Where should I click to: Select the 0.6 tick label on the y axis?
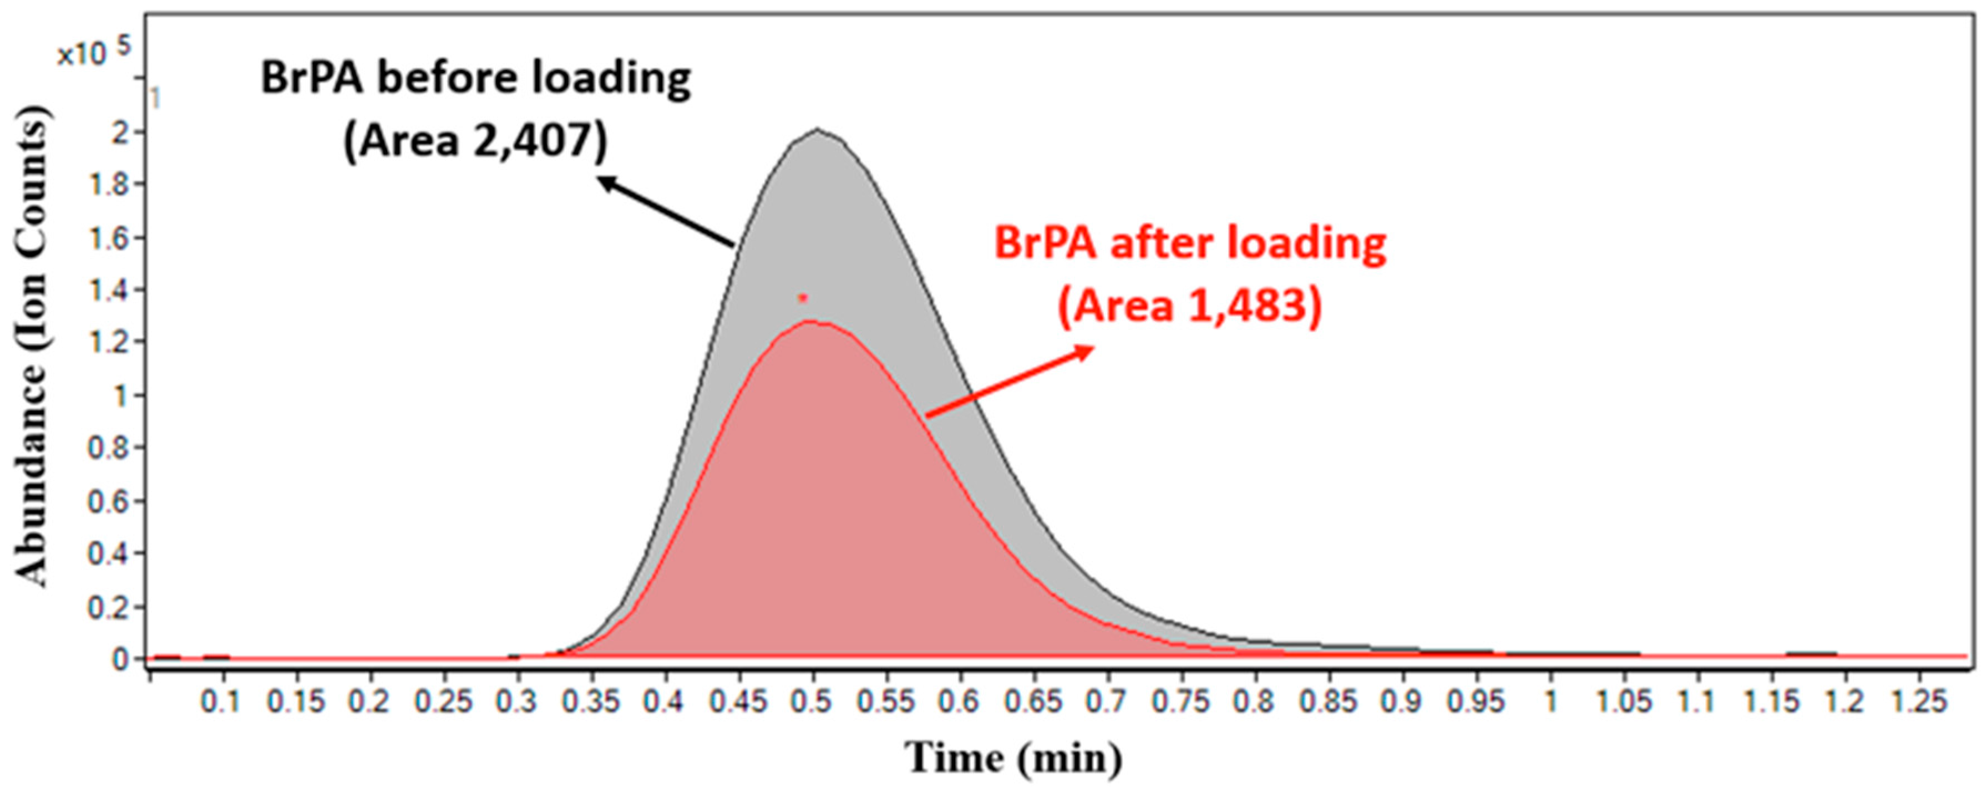108,501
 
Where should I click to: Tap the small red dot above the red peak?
802,298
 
